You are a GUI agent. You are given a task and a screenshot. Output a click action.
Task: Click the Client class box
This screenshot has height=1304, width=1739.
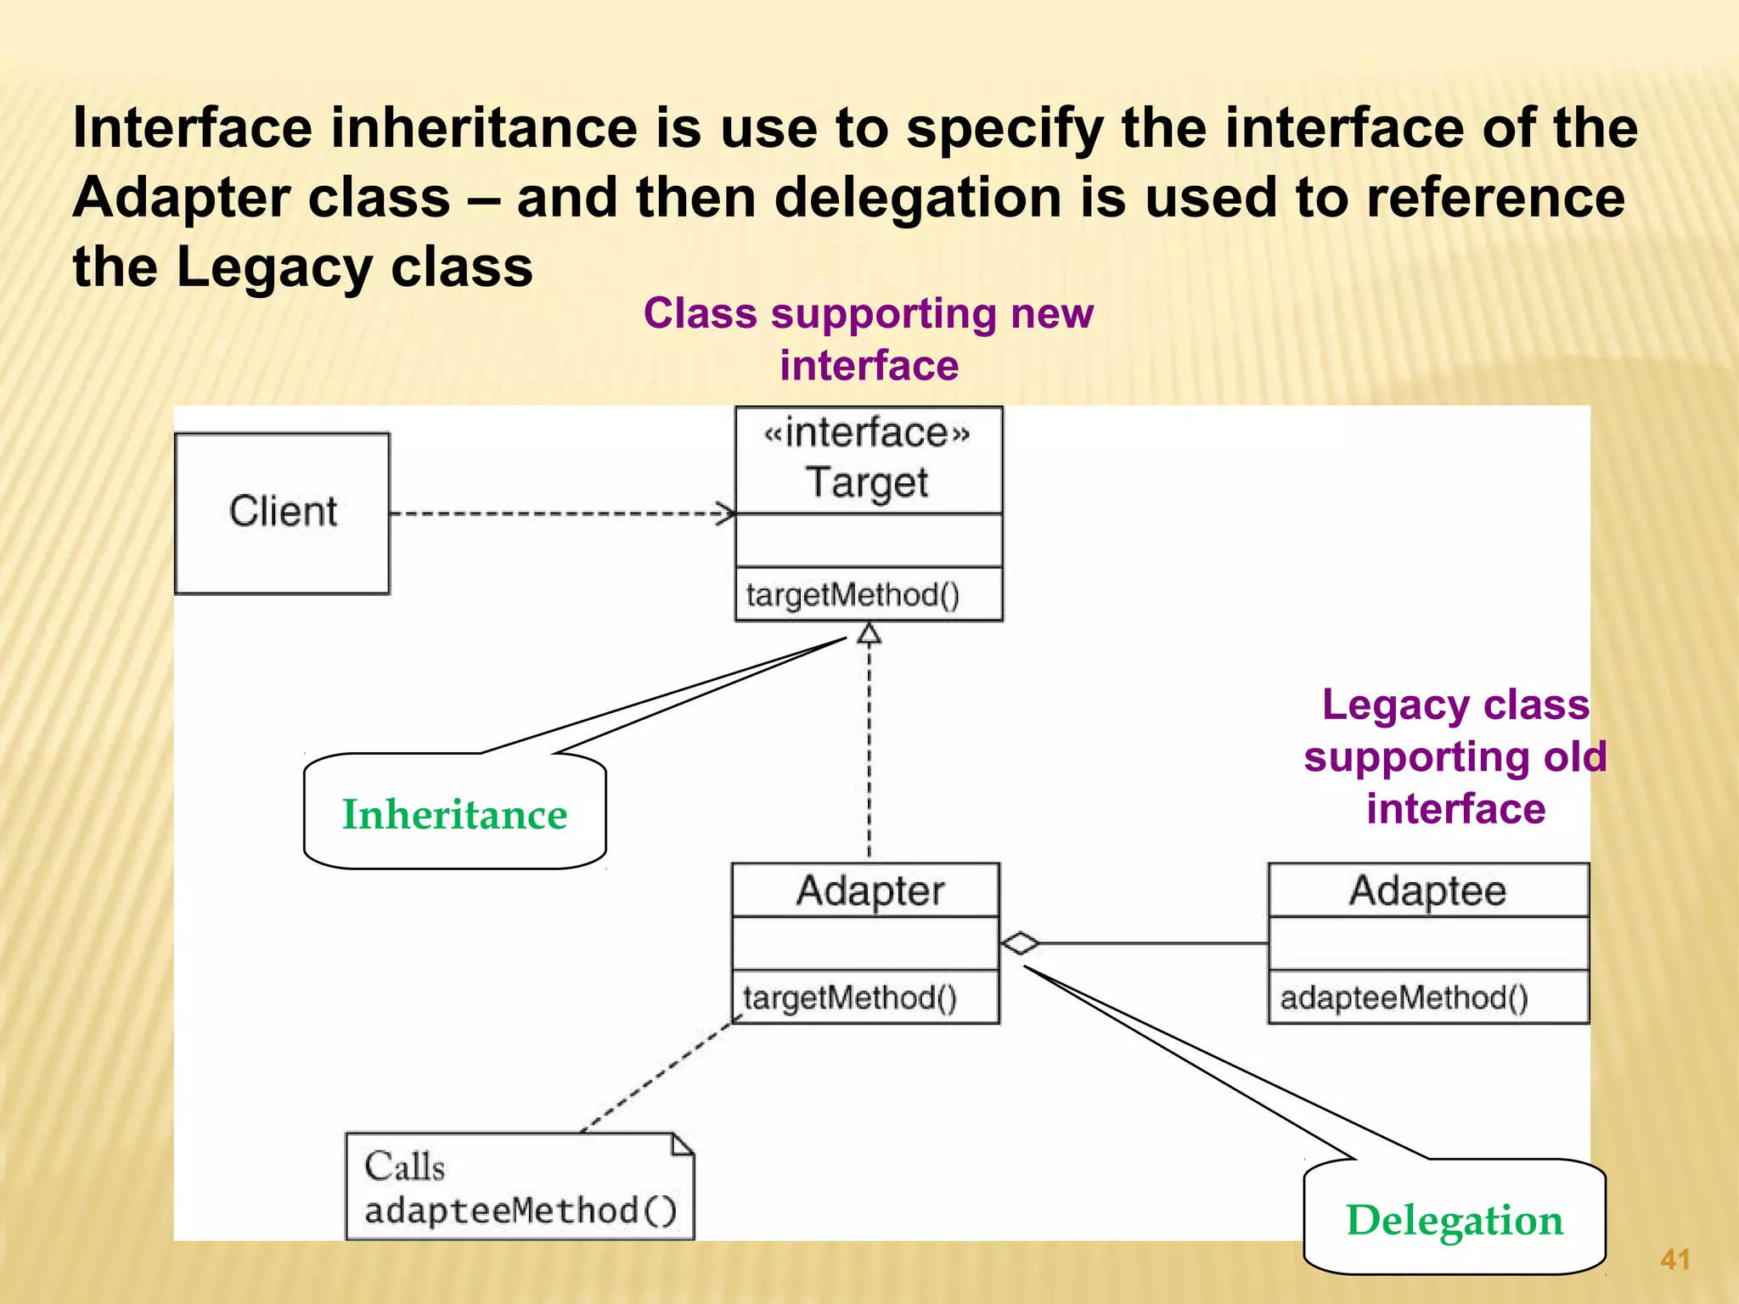[x=282, y=513]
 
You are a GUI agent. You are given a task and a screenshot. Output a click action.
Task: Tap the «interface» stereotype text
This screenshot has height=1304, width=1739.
[x=867, y=433]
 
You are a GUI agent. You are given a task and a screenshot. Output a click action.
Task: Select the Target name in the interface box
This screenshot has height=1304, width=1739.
[x=867, y=482]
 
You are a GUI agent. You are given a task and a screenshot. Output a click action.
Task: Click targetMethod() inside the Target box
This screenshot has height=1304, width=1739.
[x=853, y=594]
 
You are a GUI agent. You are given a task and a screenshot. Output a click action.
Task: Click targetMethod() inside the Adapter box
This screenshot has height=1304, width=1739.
[x=849, y=998]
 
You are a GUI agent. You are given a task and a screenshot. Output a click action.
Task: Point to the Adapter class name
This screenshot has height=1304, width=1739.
[x=869, y=891]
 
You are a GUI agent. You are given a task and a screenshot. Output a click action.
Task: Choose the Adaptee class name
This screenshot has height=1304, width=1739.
[x=1427, y=891]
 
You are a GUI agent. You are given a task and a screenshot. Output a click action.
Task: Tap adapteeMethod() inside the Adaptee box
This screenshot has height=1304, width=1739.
[x=1404, y=998]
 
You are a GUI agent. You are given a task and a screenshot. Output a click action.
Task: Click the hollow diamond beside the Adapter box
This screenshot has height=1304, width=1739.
[x=1020, y=943]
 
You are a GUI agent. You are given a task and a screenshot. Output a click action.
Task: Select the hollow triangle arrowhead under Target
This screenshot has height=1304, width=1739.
[x=869, y=634]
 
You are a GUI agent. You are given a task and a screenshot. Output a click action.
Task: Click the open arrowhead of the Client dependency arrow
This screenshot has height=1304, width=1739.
[x=726, y=513]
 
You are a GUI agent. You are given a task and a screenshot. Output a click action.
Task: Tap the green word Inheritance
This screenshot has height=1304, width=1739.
[x=454, y=814]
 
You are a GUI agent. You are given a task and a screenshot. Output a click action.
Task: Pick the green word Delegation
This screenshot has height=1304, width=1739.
[x=1454, y=1220]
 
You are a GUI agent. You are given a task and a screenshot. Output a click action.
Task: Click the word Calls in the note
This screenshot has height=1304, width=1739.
[x=404, y=1166]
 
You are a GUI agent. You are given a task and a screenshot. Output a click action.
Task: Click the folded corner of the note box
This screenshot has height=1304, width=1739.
[x=683, y=1144]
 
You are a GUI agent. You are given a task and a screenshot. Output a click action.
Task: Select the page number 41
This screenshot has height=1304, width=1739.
[x=1674, y=1259]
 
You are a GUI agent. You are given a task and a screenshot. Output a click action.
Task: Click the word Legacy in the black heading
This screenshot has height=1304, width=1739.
[x=273, y=267]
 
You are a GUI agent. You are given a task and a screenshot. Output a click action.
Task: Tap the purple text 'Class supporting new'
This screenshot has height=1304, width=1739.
[x=868, y=313]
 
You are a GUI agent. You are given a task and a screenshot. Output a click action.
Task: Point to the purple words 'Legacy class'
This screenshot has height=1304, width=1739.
[x=1455, y=705]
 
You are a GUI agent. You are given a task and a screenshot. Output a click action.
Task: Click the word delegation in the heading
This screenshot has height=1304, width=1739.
[x=918, y=198]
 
